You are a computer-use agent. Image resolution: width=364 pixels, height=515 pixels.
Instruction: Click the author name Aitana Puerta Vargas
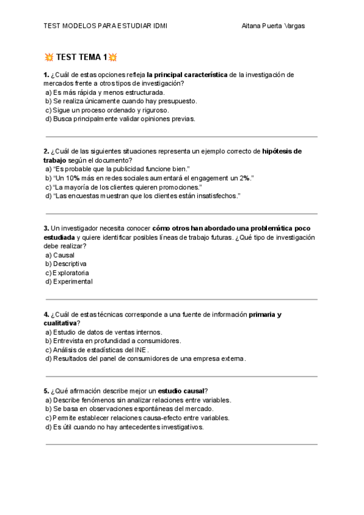pos(273,26)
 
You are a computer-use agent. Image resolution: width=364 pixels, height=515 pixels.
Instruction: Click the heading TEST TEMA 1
pos(81,58)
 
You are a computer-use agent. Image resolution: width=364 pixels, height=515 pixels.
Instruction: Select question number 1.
pos(46,75)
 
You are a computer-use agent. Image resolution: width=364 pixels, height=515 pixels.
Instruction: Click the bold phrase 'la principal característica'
pos(187,75)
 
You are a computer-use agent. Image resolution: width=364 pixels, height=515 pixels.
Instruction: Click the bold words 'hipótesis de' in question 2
pos(281,151)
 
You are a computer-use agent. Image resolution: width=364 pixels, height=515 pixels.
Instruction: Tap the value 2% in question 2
pos(244,178)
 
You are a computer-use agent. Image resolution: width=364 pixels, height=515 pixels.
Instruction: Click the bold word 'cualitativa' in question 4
pos(60,323)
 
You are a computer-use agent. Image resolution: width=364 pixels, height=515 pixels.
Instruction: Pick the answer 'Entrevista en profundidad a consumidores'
pos(113,341)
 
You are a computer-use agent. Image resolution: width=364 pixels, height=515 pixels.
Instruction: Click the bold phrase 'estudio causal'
pos(181,391)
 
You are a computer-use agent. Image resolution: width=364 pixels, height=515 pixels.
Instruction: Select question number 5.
pos(46,391)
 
